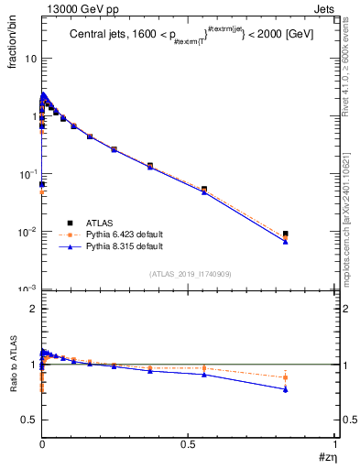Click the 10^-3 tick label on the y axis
point(27,289)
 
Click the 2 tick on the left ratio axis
point(33,309)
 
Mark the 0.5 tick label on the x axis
point(189,442)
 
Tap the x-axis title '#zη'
point(325,456)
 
